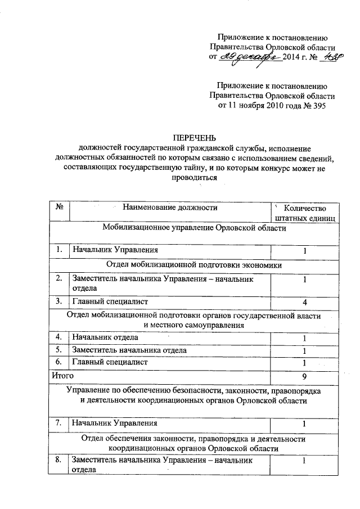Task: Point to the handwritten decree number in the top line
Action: tap(326, 58)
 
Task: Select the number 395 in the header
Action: tap(317, 106)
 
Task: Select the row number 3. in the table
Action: tap(58, 301)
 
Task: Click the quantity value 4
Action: tap(304, 302)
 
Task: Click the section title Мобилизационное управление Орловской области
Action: tap(195, 228)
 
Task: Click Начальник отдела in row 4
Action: tap(104, 337)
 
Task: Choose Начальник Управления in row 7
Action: tap(114, 422)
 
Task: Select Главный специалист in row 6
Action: tap(109, 362)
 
